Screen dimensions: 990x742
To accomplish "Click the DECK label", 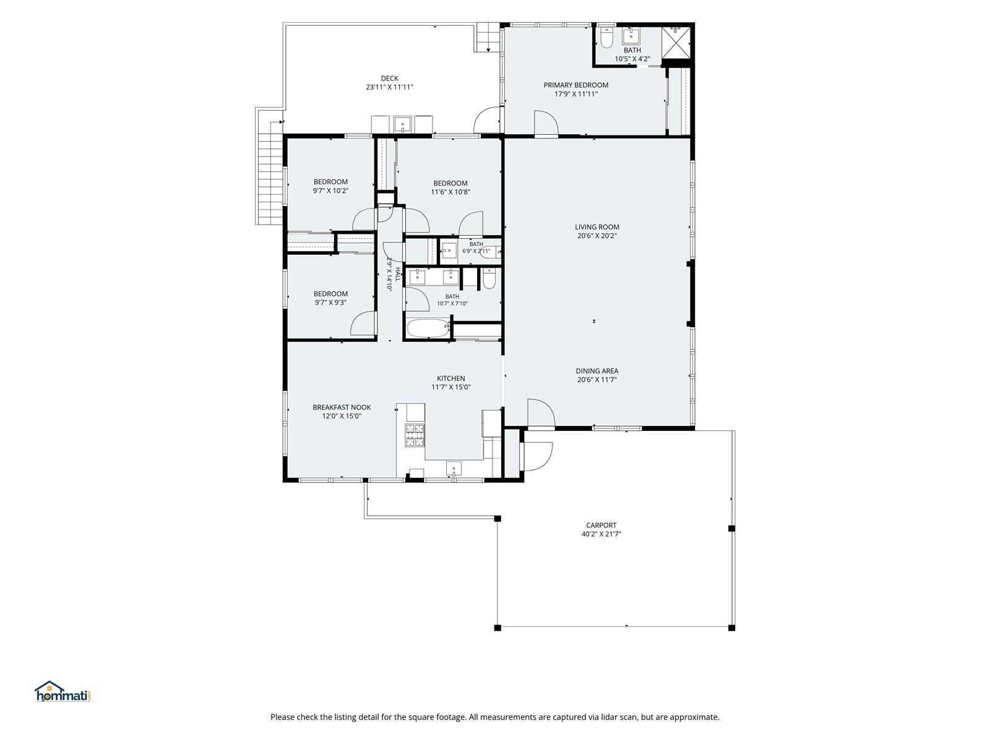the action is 389,79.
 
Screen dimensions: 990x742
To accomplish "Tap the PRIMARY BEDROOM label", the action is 575,85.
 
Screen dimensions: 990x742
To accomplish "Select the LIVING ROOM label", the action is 596,227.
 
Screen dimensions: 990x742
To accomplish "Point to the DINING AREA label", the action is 596,371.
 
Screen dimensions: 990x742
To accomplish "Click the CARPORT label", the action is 601,526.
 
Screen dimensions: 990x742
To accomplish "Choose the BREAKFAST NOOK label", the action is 342,407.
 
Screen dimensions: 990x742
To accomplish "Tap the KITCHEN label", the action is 450,378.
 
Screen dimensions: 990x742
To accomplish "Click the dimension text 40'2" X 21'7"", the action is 601,534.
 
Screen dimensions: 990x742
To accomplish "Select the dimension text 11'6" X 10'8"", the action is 450,192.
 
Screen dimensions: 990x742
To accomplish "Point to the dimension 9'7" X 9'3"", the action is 330,303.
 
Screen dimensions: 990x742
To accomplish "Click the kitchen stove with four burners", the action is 415,435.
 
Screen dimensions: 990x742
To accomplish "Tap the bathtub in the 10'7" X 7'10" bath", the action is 428,328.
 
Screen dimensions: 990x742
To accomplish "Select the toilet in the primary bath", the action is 606,38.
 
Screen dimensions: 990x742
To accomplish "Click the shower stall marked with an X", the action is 676,43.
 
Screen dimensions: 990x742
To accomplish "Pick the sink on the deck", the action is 402,124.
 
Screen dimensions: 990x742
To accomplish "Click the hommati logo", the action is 63,691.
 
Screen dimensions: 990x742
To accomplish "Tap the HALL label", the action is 398,274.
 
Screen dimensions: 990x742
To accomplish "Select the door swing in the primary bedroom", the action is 546,122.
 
